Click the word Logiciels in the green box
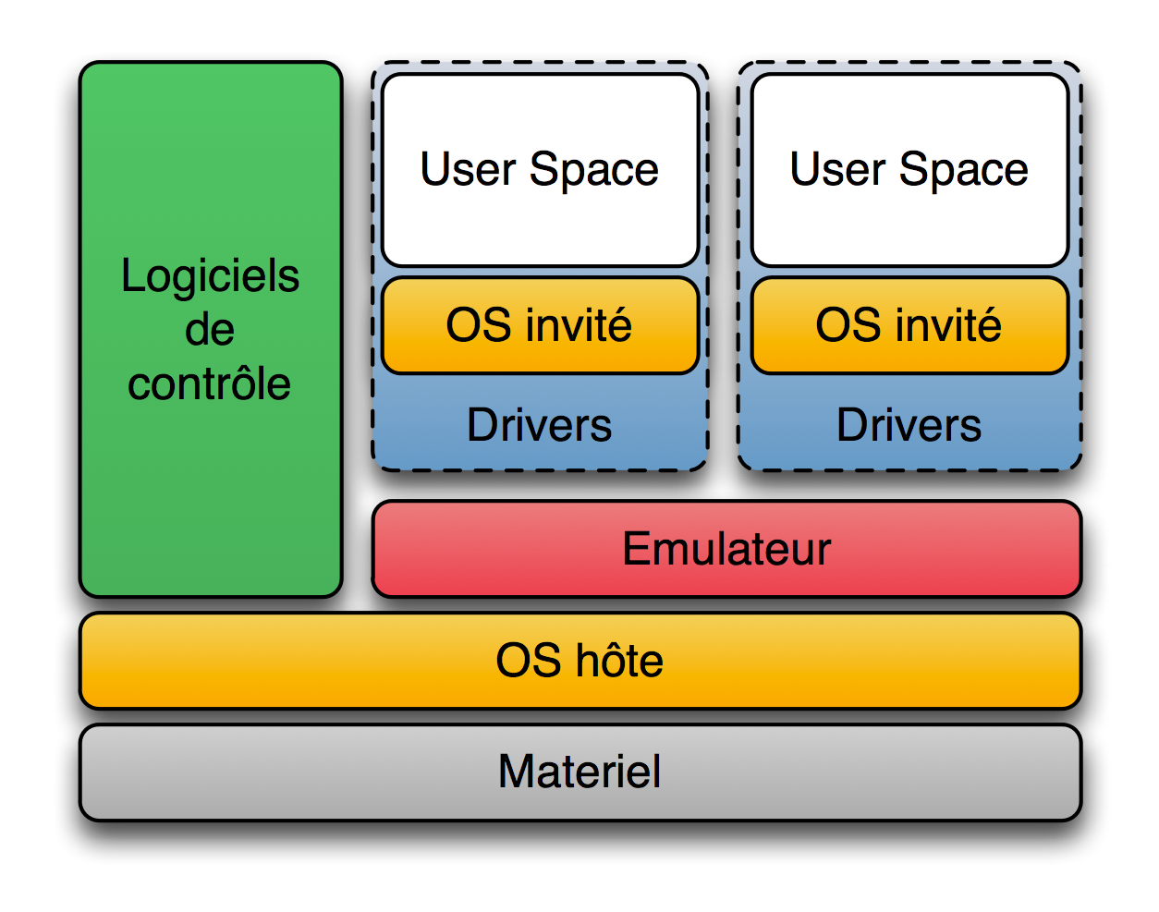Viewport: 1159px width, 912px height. point(210,276)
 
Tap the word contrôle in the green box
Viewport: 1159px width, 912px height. point(210,384)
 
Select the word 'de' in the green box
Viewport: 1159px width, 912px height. point(210,330)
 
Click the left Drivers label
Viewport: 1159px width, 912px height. point(540,425)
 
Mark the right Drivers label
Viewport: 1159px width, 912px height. point(909,425)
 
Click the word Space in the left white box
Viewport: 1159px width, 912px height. point(593,171)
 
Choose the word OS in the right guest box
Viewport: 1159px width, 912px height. point(844,325)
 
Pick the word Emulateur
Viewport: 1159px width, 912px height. point(726,549)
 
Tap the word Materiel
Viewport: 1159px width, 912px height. point(579,772)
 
